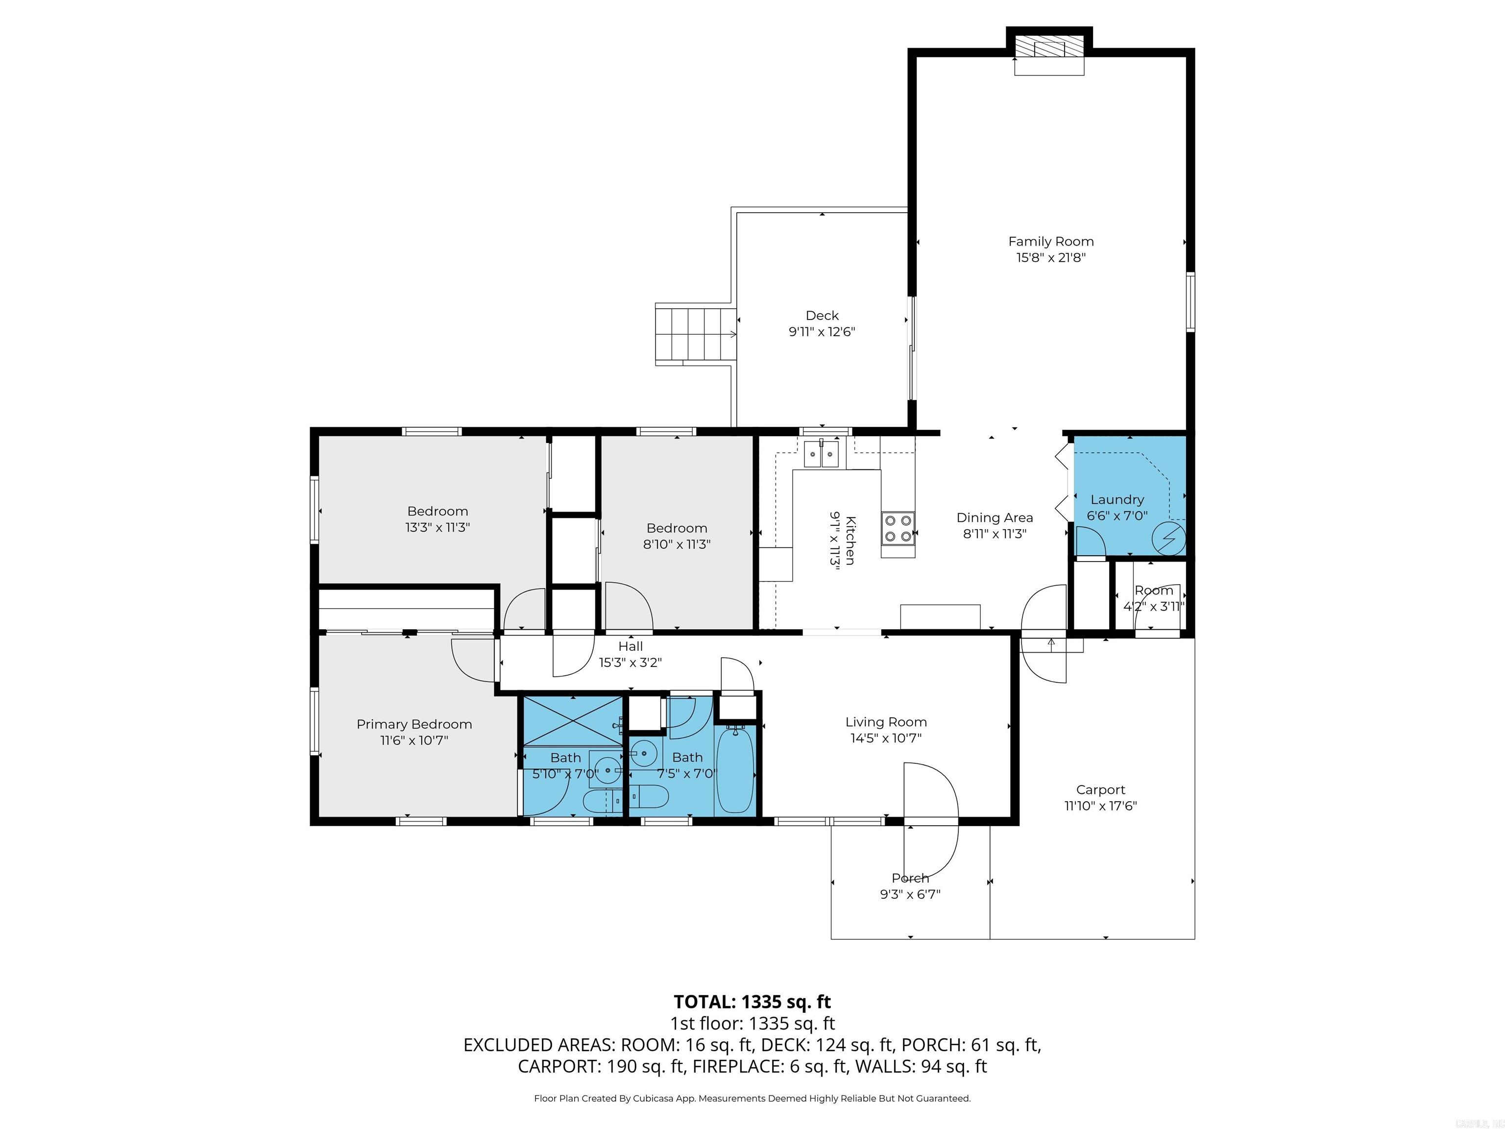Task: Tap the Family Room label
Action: [1050, 242]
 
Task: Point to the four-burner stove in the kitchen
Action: [898, 528]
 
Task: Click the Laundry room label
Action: [1117, 499]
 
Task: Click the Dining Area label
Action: [994, 518]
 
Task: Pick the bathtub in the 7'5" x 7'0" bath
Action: [735, 769]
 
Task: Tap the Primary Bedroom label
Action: [413, 724]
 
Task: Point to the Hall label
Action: [630, 646]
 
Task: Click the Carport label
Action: [1100, 790]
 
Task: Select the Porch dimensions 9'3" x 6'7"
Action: [910, 894]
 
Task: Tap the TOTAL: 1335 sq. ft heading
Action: [752, 1002]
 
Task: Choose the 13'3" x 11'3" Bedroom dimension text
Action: [437, 527]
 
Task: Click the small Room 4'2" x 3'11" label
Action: [1153, 590]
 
